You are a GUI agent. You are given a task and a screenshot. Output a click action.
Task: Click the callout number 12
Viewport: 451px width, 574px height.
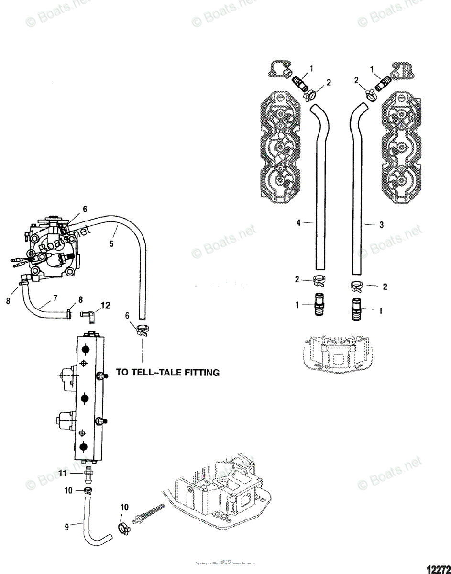pos(105,304)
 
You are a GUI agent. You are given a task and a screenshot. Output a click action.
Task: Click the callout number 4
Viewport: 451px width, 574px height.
pos(298,222)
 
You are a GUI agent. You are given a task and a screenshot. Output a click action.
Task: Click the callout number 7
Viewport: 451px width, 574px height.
pos(55,298)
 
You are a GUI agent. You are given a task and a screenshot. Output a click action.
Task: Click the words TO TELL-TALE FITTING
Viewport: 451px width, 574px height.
pos(168,372)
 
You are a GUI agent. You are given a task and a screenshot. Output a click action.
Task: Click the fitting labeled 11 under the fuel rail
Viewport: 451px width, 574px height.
pos(88,475)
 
